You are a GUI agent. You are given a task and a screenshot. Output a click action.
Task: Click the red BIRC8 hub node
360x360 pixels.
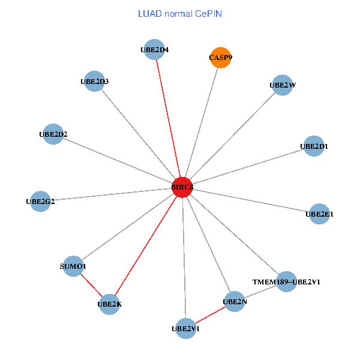pyautogui.click(x=182, y=187)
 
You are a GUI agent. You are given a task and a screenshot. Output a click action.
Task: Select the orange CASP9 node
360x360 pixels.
pyautogui.click(x=221, y=58)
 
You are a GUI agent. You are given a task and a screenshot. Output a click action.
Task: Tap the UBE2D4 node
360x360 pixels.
pyautogui.click(x=155, y=49)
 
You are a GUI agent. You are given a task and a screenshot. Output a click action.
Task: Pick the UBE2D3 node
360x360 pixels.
pyautogui.click(x=94, y=81)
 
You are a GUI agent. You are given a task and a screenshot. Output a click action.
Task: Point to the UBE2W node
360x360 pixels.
pyautogui.click(x=283, y=85)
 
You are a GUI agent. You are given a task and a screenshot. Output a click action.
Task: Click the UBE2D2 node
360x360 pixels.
pyautogui.click(x=53, y=134)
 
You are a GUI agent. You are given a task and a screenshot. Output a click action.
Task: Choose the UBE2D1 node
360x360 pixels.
pyautogui.click(x=314, y=146)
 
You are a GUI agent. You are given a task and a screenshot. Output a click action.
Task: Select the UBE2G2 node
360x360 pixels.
pyautogui.click(x=40, y=202)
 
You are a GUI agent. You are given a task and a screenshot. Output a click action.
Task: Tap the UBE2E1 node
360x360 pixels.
pyautogui.click(x=319, y=214)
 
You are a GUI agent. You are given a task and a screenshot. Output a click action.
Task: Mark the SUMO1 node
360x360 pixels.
pyautogui.click(x=73, y=266)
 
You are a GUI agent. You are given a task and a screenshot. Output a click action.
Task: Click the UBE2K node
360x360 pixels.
pyautogui.click(x=110, y=304)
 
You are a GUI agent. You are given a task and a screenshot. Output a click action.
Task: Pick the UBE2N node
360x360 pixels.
pyautogui.click(x=235, y=301)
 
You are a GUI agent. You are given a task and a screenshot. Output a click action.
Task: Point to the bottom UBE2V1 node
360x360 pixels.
pyautogui.click(x=186, y=329)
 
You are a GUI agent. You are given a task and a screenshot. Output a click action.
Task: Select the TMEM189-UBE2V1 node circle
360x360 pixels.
pyautogui.click(x=286, y=281)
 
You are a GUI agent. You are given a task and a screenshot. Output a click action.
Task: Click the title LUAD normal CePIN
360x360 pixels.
pyautogui.click(x=180, y=14)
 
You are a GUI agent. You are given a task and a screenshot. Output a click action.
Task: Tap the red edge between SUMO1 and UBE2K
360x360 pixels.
pyautogui.click(x=91, y=285)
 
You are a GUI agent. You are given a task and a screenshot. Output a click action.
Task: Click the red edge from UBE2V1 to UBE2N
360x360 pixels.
pyautogui.click(x=210, y=315)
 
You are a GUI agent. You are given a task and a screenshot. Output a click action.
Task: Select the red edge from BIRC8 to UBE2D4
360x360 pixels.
pyautogui.click(x=168, y=118)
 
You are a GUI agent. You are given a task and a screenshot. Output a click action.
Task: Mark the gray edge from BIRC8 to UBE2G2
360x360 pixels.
pyautogui.click(x=112, y=194)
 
